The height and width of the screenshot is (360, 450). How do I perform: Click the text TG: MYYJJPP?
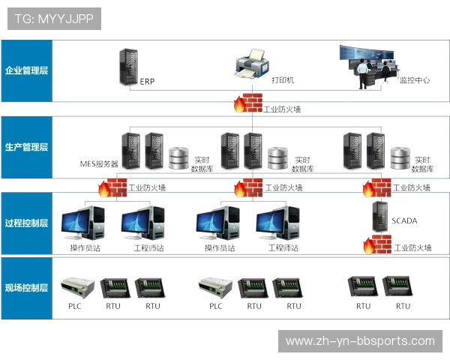pyautogui.click(x=53, y=19)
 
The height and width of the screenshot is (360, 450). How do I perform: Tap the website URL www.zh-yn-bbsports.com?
pyautogui.click(x=360, y=341)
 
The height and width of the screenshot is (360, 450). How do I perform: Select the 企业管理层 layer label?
pyautogui.click(x=26, y=70)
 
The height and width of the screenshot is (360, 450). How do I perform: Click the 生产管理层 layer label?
pyautogui.click(x=26, y=147)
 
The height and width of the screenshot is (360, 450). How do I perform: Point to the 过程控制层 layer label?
pyautogui.click(x=26, y=223)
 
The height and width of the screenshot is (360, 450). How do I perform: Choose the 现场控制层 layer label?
pyautogui.click(x=26, y=287)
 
